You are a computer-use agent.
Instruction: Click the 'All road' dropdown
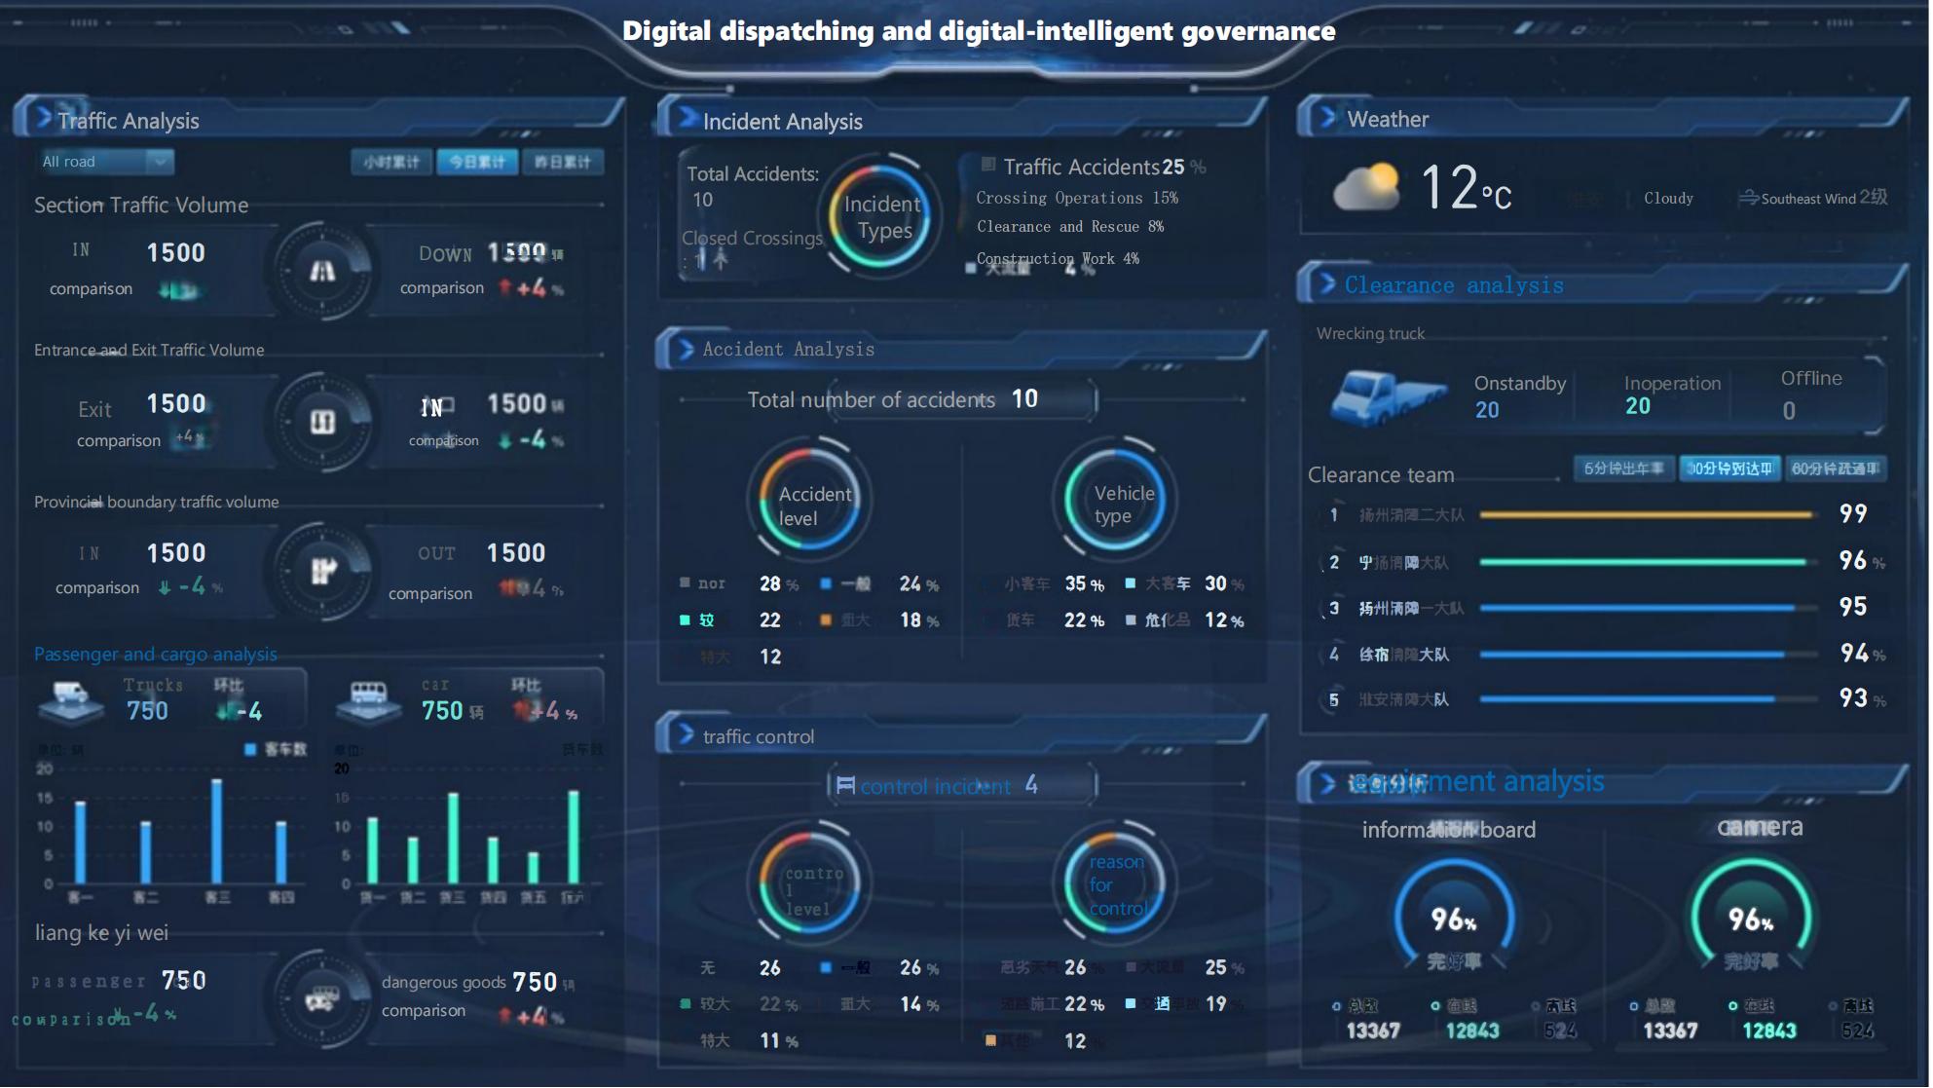(x=105, y=162)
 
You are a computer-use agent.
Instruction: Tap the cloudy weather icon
(x=1365, y=187)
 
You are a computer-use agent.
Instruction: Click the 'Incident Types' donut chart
(x=883, y=216)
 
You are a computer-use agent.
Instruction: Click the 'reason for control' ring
(x=1115, y=884)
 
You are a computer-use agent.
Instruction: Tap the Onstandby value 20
(x=1487, y=410)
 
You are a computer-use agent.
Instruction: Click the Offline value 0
(x=1789, y=411)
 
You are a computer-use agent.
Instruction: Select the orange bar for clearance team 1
(x=1646, y=514)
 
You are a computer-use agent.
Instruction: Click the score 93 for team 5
(x=1853, y=698)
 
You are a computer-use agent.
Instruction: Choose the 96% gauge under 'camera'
(x=1750, y=918)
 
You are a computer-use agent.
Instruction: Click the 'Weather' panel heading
(x=1388, y=120)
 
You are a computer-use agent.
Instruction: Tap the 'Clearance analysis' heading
(x=1453, y=285)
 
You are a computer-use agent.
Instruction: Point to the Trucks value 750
(x=147, y=711)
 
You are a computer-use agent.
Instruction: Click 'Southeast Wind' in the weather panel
(x=1808, y=199)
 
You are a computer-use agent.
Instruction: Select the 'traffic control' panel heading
(x=759, y=737)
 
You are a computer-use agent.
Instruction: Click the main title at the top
(x=979, y=31)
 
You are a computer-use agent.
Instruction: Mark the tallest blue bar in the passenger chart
(x=216, y=830)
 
